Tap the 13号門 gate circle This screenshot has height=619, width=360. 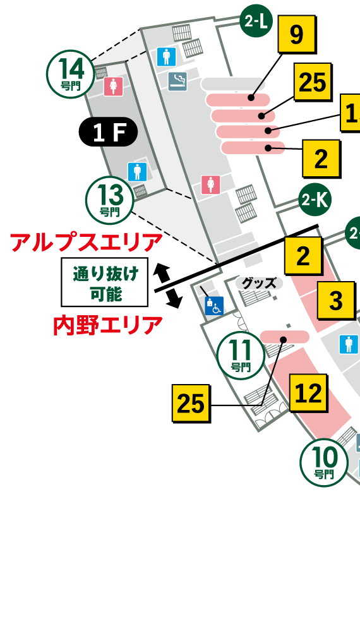(110, 198)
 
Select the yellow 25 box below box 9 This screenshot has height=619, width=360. (312, 82)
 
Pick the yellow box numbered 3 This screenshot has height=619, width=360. (335, 301)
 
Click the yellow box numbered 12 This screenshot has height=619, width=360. (309, 393)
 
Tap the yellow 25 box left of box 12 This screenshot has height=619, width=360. (191, 404)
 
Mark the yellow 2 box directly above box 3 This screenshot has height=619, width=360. (304, 256)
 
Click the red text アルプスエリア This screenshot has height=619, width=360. (87, 242)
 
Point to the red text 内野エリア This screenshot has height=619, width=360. (107, 325)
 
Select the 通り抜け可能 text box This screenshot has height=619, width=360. (104, 282)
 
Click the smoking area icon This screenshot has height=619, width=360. (177, 81)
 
